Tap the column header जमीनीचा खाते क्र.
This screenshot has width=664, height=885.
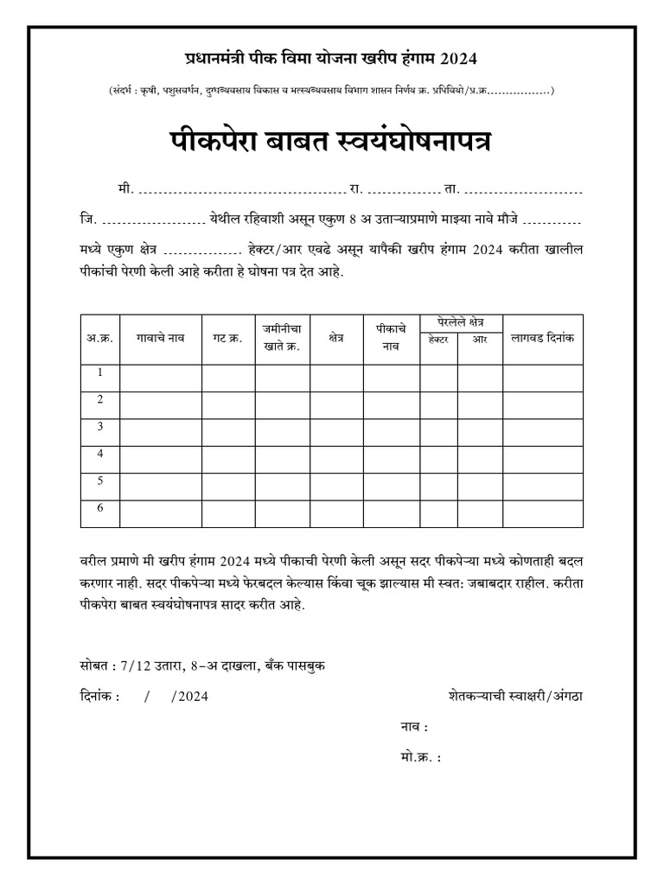(282, 338)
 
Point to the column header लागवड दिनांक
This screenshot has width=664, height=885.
(543, 338)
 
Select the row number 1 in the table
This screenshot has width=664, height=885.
(100, 372)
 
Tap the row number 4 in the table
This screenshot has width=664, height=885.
(100, 453)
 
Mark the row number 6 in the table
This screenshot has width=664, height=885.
(100, 507)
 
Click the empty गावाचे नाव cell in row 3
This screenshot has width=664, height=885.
(160, 432)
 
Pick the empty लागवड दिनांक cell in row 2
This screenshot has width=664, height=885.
(543, 405)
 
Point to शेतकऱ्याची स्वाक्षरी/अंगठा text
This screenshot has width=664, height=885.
(516, 696)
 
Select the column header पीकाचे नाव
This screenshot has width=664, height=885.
(392, 338)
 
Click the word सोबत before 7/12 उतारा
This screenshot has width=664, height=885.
(87, 665)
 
